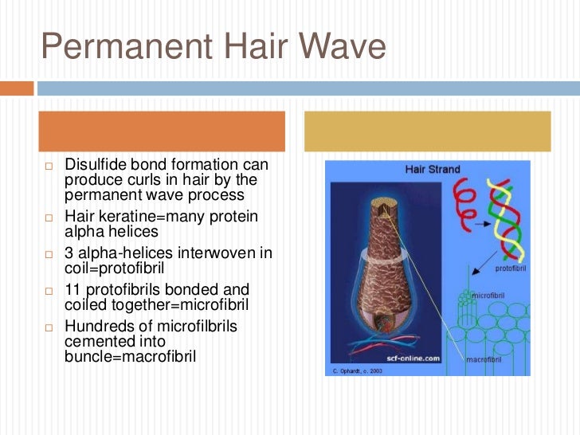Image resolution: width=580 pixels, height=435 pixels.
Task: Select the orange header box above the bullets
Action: coord(163,131)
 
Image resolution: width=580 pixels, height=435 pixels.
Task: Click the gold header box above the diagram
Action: coord(428,131)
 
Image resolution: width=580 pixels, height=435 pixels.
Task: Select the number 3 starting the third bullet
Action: coord(69,253)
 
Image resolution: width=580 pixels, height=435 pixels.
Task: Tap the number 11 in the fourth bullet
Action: coord(72,289)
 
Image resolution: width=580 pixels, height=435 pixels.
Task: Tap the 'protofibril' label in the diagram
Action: coord(511,268)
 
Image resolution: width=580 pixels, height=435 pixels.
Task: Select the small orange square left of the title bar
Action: coord(16,88)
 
